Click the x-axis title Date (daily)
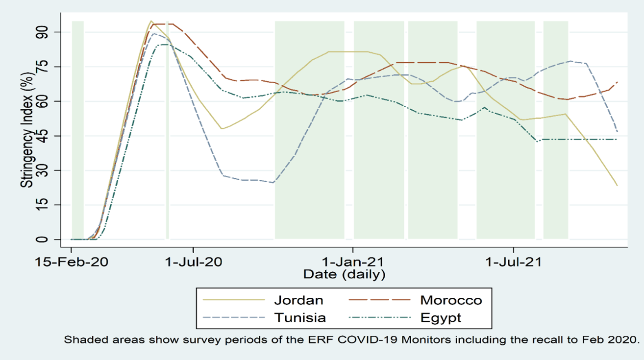(x=344, y=274)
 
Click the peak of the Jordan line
(x=151, y=21)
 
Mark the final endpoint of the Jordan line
(x=617, y=186)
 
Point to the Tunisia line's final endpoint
(x=617, y=131)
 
